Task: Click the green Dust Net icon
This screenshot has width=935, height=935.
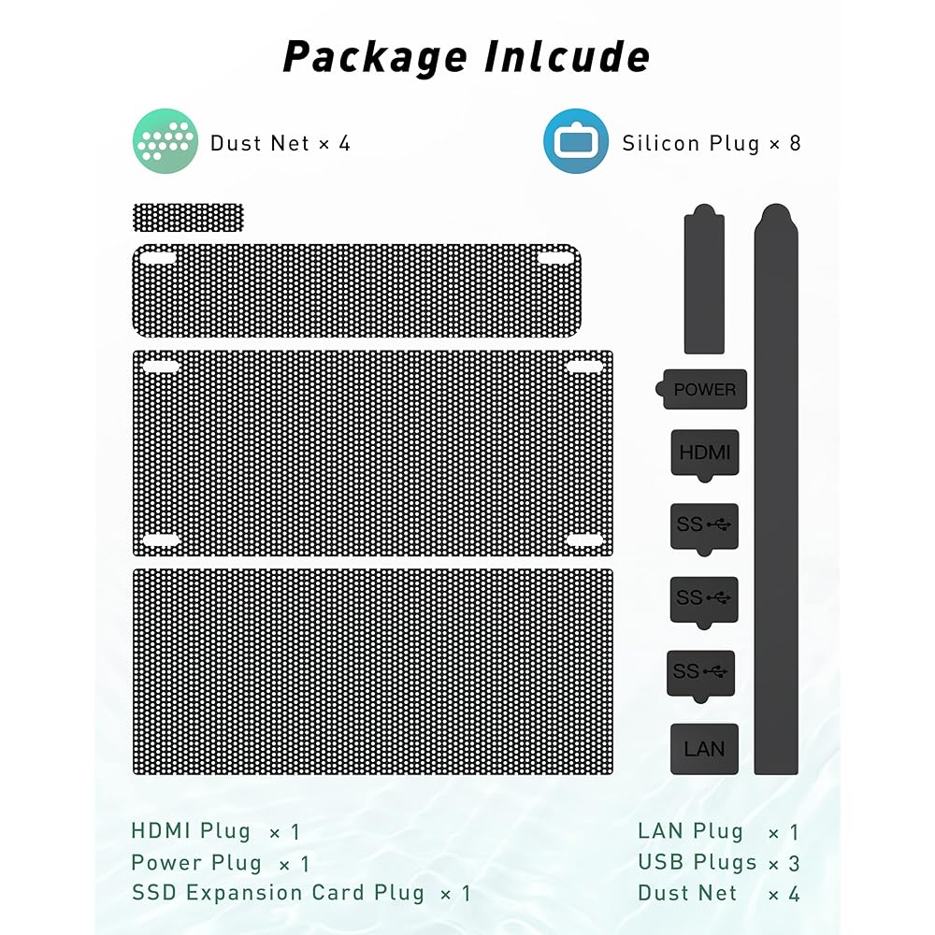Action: [165, 141]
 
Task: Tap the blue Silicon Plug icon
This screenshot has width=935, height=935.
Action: [576, 141]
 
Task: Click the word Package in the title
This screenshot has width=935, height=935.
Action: [374, 57]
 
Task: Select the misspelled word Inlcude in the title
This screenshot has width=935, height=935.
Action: [567, 57]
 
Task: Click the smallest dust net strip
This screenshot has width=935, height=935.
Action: [188, 218]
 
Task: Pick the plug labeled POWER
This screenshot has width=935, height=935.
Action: [704, 389]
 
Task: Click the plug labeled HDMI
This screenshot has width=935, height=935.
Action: [704, 453]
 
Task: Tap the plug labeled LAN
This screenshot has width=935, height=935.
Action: [704, 748]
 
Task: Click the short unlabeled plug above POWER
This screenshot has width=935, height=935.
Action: [704, 280]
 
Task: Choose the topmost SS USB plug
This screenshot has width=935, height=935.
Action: [704, 525]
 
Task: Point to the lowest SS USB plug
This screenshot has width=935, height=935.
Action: [700, 671]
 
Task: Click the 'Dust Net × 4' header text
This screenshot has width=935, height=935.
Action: [280, 143]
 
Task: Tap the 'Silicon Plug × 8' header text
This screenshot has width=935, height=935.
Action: [712, 143]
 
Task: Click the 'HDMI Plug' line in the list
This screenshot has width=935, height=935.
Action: [191, 831]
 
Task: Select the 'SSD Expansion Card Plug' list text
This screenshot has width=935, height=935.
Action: [278, 893]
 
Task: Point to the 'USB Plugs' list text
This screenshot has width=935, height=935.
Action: [698, 862]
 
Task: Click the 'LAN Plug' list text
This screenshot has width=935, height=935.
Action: [690, 831]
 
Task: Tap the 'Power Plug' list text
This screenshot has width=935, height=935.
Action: [196, 862]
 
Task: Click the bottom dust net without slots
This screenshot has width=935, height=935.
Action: [373, 671]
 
